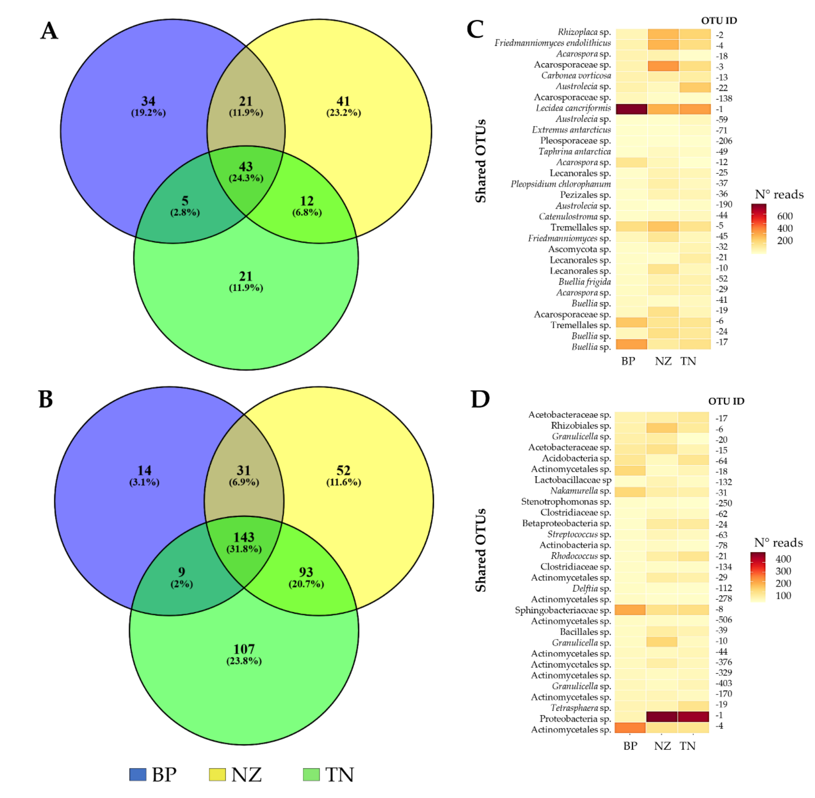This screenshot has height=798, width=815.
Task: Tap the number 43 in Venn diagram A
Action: pos(246,166)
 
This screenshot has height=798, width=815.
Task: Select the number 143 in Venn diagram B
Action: pos(244,537)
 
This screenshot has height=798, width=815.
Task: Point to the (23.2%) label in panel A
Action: pos(344,113)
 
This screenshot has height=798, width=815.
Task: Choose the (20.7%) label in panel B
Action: pos(306,584)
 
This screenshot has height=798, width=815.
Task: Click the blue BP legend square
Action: pos(138,774)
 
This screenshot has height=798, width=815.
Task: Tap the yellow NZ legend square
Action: pos(217,774)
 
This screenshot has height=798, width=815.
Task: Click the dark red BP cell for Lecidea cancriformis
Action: pos(631,108)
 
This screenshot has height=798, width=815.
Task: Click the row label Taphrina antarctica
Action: pos(575,151)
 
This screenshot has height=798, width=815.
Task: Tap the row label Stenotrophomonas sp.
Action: pos(566,502)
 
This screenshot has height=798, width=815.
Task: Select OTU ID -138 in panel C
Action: pos(724,99)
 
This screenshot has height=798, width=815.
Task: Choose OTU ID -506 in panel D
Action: pos(724,620)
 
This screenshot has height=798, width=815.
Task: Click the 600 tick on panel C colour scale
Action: pos(784,216)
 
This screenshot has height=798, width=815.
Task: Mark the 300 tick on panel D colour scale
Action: pos(783,571)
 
